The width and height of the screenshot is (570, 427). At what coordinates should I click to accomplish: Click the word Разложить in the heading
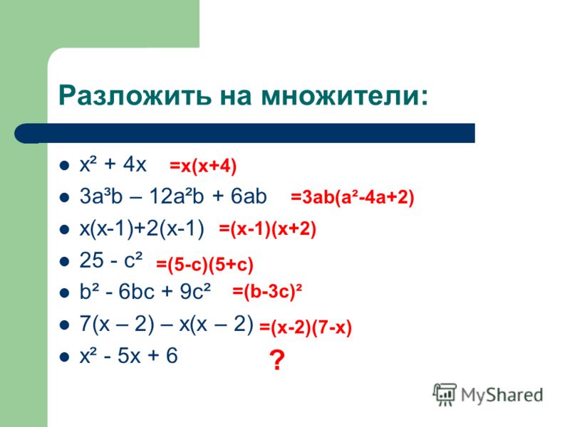(135, 96)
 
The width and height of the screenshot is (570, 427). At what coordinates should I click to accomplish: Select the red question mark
(277, 360)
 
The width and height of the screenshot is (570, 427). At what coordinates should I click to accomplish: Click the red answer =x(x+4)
(203, 167)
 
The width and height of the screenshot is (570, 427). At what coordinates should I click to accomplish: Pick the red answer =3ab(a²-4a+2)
(352, 198)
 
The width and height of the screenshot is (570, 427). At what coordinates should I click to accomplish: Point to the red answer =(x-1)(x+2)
(268, 229)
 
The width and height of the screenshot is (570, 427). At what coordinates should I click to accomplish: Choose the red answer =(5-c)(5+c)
(204, 264)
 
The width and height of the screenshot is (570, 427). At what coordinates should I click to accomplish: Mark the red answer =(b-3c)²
(267, 292)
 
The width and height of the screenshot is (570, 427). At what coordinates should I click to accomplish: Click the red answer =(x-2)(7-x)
(306, 328)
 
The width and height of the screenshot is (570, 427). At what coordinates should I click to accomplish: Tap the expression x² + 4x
(113, 164)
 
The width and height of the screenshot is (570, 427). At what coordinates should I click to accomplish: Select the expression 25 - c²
(111, 260)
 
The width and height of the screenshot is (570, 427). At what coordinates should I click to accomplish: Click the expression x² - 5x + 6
(129, 355)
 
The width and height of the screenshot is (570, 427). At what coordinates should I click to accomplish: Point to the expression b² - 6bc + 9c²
(145, 292)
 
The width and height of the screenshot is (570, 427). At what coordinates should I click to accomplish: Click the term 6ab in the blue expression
(249, 196)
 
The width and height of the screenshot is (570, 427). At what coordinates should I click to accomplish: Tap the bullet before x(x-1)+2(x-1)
(64, 230)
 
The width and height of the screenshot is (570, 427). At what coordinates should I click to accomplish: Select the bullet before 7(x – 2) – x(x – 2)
(64, 325)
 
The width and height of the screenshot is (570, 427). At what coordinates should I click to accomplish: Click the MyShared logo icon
(444, 395)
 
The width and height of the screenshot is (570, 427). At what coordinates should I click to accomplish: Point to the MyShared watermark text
(502, 395)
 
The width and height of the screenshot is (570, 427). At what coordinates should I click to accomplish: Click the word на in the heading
(236, 96)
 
